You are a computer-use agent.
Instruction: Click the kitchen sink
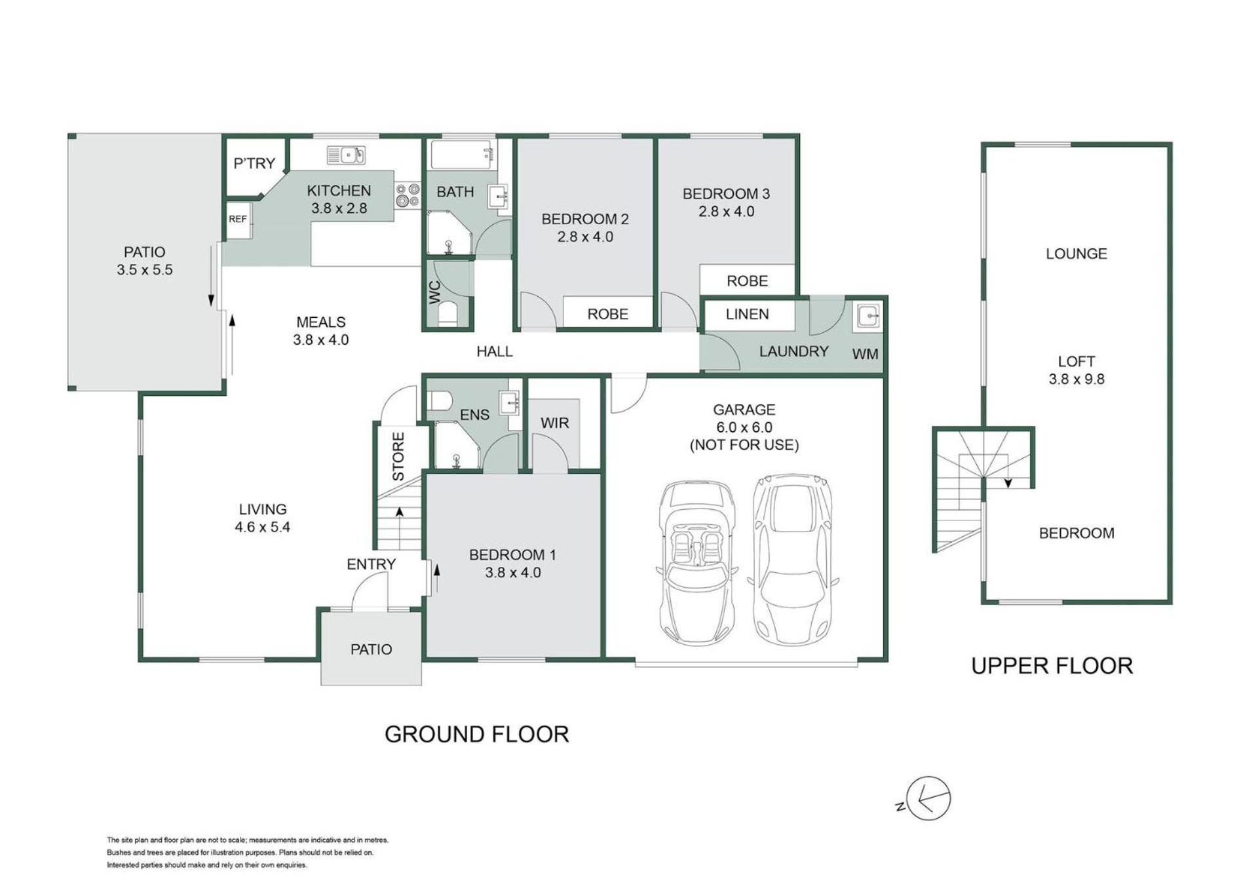tap(345, 155)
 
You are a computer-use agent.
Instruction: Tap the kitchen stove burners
tap(408, 195)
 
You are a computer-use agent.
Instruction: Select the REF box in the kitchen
tap(238, 219)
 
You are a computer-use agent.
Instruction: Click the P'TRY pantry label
tap(254, 163)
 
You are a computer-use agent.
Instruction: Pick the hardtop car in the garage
tap(793, 558)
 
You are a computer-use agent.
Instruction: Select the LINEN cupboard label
tap(747, 315)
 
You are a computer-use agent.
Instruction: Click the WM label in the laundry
tap(865, 355)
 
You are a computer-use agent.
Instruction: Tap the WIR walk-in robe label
tap(554, 423)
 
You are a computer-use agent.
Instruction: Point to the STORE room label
tap(398, 456)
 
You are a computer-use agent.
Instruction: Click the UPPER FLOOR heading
tap(1052, 666)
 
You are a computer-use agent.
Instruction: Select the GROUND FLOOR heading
tap(476, 734)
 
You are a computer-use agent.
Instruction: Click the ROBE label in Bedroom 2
tap(607, 314)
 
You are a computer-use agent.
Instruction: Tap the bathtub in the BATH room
tap(462, 155)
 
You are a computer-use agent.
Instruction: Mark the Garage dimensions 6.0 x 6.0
tap(744, 427)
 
